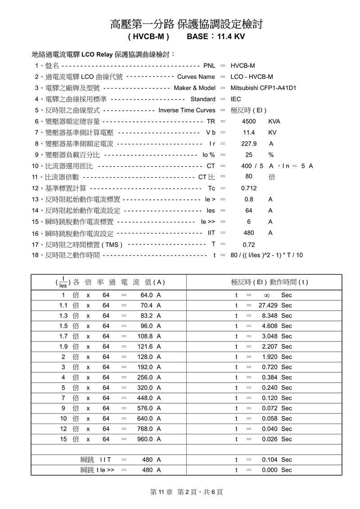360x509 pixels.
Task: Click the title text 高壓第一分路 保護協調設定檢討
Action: pos(186,24)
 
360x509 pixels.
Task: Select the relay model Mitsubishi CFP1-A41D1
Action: pos(263,88)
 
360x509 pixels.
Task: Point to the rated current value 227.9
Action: pos(249,144)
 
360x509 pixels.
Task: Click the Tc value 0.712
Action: pos(249,188)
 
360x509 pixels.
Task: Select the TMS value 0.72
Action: pos(249,245)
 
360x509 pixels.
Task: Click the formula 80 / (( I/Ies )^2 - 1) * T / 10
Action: pos(266,255)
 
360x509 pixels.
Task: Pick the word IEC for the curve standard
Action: pos(236,99)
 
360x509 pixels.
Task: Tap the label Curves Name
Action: pos(196,77)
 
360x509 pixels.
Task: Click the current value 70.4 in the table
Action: pos(147,306)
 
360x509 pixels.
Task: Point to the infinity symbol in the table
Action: pos(266,296)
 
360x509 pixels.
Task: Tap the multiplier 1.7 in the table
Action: pos(63,336)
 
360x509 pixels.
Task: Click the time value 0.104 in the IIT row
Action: pos(270,460)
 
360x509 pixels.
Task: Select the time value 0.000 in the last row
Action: pos(270,470)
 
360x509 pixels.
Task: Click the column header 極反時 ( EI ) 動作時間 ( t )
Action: pos(269,283)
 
